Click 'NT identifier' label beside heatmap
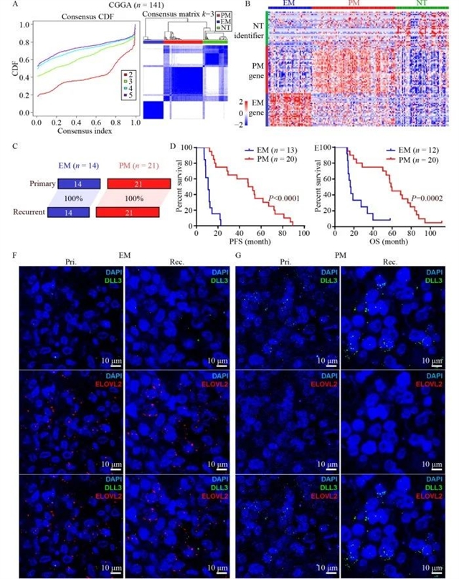[x=249, y=28]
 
